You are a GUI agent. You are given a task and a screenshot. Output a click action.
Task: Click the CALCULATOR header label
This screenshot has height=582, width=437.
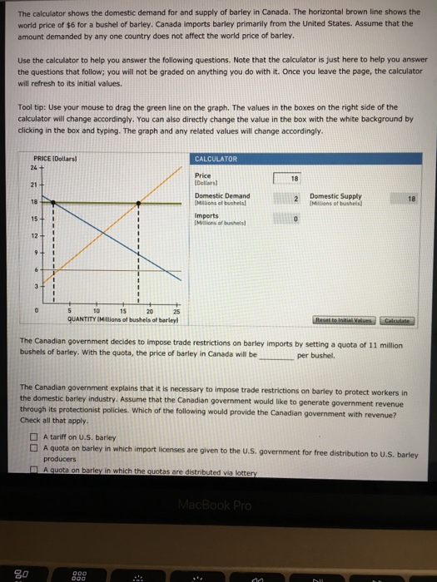(x=216, y=159)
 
